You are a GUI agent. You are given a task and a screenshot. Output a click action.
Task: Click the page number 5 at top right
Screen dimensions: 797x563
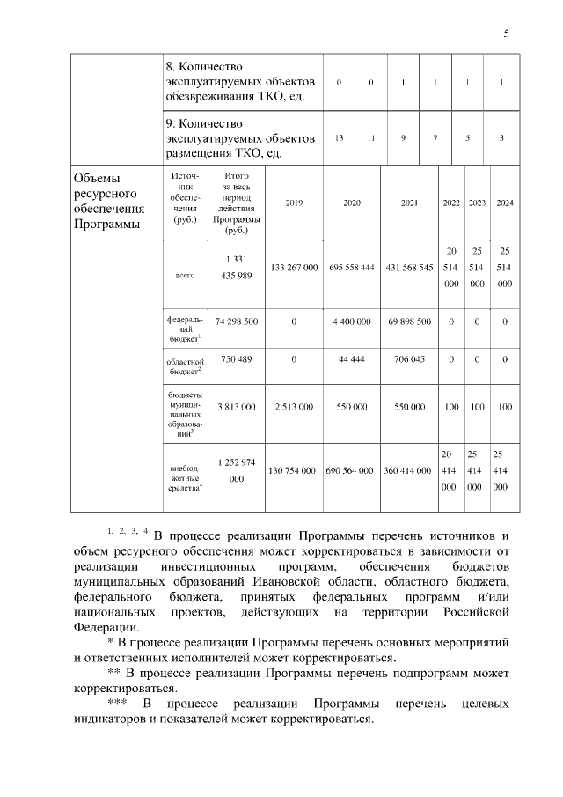(506, 33)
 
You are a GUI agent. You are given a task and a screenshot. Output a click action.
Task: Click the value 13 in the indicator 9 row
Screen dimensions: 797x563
(339, 138)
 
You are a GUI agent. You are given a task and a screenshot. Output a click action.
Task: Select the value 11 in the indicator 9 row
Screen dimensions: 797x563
(371, 138)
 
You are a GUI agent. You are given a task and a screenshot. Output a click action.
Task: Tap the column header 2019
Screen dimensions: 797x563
(294, 203)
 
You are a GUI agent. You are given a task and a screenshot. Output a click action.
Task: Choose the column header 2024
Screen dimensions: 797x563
(505, 203)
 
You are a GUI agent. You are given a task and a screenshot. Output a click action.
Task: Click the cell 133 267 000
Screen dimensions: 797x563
(294, 267)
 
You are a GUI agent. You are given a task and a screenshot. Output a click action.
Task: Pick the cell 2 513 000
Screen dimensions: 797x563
(294, 408)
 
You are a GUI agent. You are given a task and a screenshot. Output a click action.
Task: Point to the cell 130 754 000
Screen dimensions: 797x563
(294, 471)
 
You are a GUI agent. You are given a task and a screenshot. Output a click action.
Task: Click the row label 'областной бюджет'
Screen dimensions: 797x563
(186, 365)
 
